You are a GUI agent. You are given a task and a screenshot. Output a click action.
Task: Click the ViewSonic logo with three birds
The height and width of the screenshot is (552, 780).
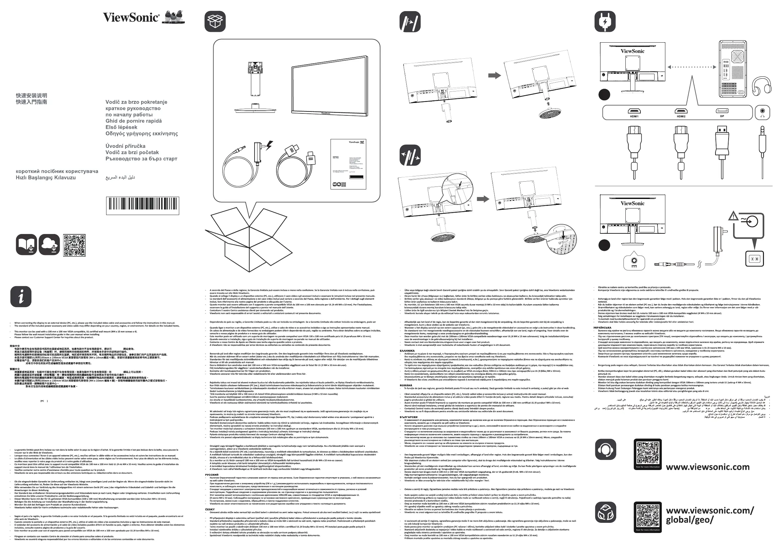tap(144, 17)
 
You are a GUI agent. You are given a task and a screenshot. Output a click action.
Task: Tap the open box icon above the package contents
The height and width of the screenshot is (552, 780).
tap(215, 21)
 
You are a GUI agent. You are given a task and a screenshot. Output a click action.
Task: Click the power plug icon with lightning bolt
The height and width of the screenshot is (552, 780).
tap(605, 21)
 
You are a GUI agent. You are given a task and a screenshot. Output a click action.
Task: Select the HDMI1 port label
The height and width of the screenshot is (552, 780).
tap(634, 116)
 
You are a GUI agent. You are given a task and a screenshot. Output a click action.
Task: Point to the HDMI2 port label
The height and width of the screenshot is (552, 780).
tap(680, 116)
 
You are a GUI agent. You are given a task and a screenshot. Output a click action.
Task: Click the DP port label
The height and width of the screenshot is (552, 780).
tap(722, 116)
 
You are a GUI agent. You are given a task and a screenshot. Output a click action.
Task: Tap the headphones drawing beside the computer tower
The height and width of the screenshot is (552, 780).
tap(761, 85)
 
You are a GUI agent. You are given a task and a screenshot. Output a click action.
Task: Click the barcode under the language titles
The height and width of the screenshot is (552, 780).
tap(143, 205)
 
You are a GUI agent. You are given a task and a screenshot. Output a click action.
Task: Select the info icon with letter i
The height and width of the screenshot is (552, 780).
tap(21, 297)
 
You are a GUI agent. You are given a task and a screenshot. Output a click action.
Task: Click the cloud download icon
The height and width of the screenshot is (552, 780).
tap(49, 245)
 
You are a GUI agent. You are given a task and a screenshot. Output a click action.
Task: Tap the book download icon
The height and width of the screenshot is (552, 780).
tap(26, 245)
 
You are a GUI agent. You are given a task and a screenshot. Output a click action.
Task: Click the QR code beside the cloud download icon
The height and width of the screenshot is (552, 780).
tap(74, 245)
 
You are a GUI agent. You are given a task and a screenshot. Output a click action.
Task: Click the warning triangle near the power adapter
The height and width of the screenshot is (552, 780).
tap(733, 216)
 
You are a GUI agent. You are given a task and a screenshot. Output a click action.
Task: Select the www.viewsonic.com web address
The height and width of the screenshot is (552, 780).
tap(707, 467)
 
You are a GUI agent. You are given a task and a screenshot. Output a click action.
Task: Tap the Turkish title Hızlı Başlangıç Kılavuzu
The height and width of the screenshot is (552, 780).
tap(46, 177)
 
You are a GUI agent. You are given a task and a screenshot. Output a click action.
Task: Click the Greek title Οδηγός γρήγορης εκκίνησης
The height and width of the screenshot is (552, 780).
tap(141, 134)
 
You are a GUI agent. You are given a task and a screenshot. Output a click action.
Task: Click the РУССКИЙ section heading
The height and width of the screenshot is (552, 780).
tap(212, 475)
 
